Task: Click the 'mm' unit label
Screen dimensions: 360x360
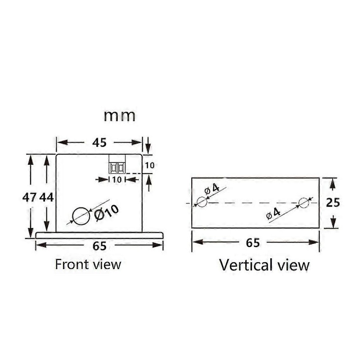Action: tap(119, 116)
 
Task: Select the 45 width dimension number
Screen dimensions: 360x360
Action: tap(99, 143)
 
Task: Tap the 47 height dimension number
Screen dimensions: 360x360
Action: tap(29, 197)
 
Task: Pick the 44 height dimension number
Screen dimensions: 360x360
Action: tap(47, 197)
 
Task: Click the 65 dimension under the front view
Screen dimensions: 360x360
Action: tap(99, 246)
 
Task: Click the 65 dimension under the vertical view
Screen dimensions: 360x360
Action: tap(253, 243)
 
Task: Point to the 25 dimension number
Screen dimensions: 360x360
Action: tap(333, 203)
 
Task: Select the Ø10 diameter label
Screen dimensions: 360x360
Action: tap(107, 213)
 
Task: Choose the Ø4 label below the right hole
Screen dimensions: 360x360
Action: tap(273, 213)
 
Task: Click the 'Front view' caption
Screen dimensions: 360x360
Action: tap(88, 264)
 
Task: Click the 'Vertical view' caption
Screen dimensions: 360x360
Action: tap(264, 265)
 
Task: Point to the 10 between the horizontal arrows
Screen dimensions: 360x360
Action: tap(117, 180)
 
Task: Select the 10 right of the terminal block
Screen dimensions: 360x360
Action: tap(150, 165)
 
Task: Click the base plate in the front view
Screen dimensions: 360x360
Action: tap(99, 235)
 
